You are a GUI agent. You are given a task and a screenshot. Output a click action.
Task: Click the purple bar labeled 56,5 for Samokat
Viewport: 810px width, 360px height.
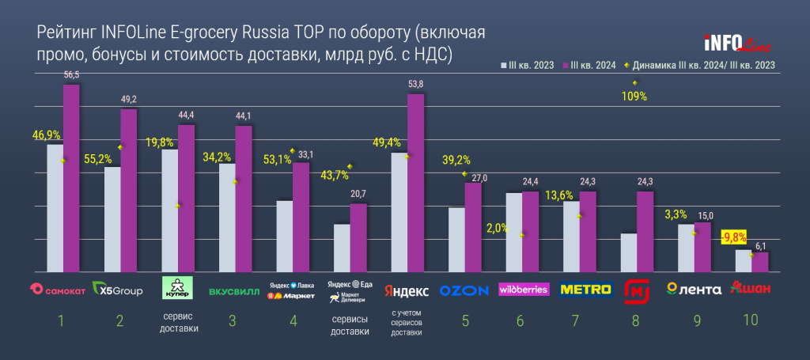point(71,177)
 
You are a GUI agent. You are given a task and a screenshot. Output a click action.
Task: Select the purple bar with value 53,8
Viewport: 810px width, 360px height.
point(415,182)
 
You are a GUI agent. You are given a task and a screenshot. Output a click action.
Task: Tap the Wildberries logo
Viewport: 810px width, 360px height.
point(523,290)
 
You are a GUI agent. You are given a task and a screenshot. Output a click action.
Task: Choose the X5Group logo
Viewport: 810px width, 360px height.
point(118,290)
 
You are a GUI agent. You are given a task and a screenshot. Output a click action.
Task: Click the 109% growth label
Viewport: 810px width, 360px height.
point(634,97)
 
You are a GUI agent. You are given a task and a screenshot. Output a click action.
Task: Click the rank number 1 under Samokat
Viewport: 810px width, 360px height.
point(61,320)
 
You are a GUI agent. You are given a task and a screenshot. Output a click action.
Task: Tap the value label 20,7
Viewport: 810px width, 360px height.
point(358,194)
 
